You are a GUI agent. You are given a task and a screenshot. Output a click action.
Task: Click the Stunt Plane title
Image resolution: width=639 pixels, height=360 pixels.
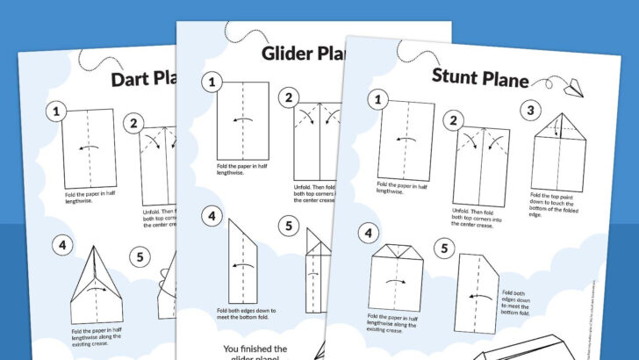[479, 77]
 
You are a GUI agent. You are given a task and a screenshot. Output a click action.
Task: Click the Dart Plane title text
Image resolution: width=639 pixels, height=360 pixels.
[146, 80]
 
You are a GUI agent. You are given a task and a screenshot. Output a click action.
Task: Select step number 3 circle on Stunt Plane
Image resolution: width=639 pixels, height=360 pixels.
[531, 110]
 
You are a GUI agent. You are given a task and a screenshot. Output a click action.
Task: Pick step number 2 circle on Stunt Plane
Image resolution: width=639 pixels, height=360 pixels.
[453, 121]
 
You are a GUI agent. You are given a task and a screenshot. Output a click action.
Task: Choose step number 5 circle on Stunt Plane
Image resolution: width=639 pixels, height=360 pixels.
[444, 248]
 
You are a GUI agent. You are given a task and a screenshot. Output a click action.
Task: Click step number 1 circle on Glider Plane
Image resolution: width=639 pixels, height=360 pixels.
[212, 83]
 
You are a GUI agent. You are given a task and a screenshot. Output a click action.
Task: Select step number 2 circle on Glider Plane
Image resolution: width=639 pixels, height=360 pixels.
[289, 97]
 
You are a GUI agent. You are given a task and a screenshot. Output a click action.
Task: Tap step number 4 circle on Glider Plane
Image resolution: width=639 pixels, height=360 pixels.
[211, 214]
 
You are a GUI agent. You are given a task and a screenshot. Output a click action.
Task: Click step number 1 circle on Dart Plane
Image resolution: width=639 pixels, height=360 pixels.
[58, 112]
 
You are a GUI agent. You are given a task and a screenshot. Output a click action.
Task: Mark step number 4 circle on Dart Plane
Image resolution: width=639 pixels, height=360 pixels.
[61, 245]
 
